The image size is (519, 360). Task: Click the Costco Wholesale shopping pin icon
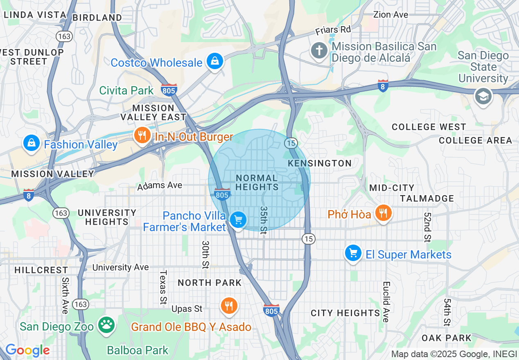pos(214,61)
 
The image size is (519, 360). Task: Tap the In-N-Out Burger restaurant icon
pos(142,135)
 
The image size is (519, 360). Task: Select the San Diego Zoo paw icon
pos(107,325)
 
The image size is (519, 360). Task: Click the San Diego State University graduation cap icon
pos(483,96)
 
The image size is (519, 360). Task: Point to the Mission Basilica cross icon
pos(319,51)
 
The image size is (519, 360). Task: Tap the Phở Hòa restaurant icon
pos(383,213)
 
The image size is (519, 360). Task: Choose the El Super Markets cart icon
pos(353,253)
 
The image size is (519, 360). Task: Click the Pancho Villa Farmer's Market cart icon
pos(238,220)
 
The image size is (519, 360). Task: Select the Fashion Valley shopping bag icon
pos(31,143)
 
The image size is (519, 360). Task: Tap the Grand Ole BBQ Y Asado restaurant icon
pos(229,305)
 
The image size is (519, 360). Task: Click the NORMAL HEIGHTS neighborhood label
pos(257,182)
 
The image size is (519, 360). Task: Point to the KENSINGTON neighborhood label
pos(320,163)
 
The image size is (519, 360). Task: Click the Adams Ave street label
pos(160,186)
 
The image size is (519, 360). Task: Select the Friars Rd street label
pos(333,30)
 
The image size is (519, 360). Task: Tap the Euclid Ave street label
pos(386,302)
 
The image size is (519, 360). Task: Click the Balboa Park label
pos(138,350)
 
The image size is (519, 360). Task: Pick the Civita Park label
pos(126,90)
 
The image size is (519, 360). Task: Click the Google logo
pos(27,350)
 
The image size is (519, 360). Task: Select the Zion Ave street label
pos(390,15)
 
